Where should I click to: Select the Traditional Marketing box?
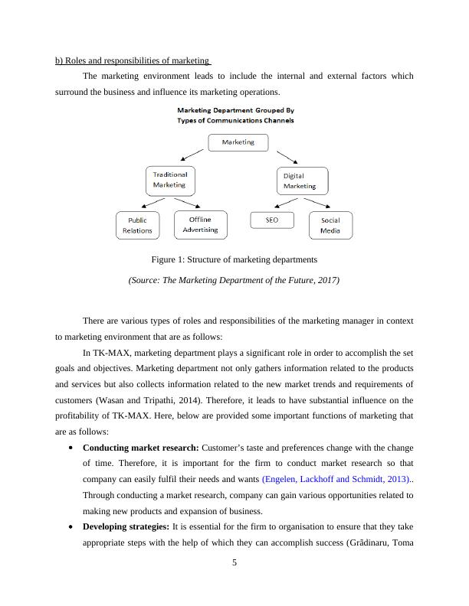coord(169,181)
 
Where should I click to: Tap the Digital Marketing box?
coord(300,181)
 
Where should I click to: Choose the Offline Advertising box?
coord(201,224)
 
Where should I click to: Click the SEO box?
coord(272,220)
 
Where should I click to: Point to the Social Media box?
coord(330,225)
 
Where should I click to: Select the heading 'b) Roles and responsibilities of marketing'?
coord(133,60)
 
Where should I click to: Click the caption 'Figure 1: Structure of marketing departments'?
coord(234,260)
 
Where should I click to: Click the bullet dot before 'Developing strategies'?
coord(71,528)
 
